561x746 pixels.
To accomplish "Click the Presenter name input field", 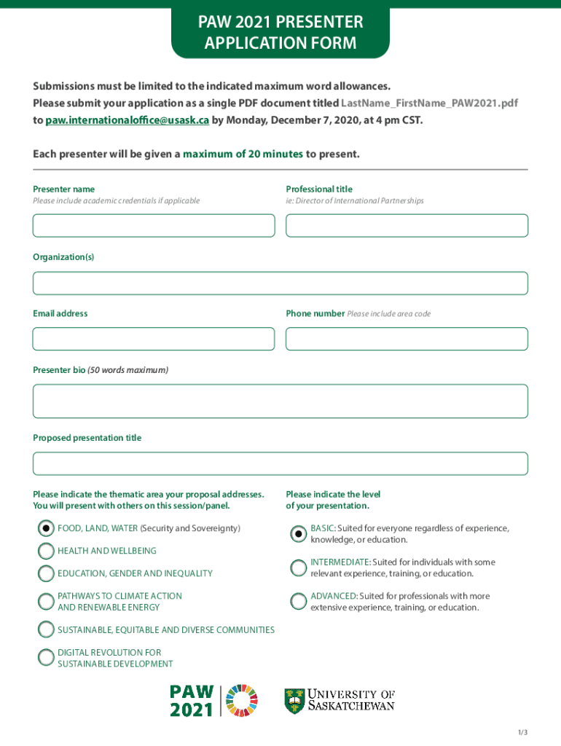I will coord(154,225).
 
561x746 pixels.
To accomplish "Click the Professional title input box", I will coord(407,225).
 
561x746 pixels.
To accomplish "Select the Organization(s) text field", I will coord(280,283).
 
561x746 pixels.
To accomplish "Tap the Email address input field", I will coord(154,339).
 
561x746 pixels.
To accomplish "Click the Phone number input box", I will coord(407,339).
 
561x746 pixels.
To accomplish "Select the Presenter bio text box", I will coord(280,401).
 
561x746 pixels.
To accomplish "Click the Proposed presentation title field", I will coord(280,463).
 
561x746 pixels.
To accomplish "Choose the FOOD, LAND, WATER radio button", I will coord(46,528).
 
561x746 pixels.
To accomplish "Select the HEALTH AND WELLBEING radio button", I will coord(46,551).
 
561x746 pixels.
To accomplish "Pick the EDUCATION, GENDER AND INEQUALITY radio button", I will coord(46,573).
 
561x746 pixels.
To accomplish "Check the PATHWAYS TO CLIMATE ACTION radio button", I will coord(46,601).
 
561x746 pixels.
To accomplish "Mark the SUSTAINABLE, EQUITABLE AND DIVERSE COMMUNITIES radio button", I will coord(46,629).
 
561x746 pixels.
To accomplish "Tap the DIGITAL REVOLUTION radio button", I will coord(46,657).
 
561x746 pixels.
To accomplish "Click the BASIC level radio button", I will coord(298,534).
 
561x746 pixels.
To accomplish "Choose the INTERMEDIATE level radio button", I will coord(298,568).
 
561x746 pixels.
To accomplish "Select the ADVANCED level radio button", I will coord(298,601).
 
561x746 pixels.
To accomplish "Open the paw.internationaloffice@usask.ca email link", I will coord(127,120).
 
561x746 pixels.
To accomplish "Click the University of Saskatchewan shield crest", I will coord(294,700).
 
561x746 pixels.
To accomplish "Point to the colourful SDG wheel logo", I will coord(243,700).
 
